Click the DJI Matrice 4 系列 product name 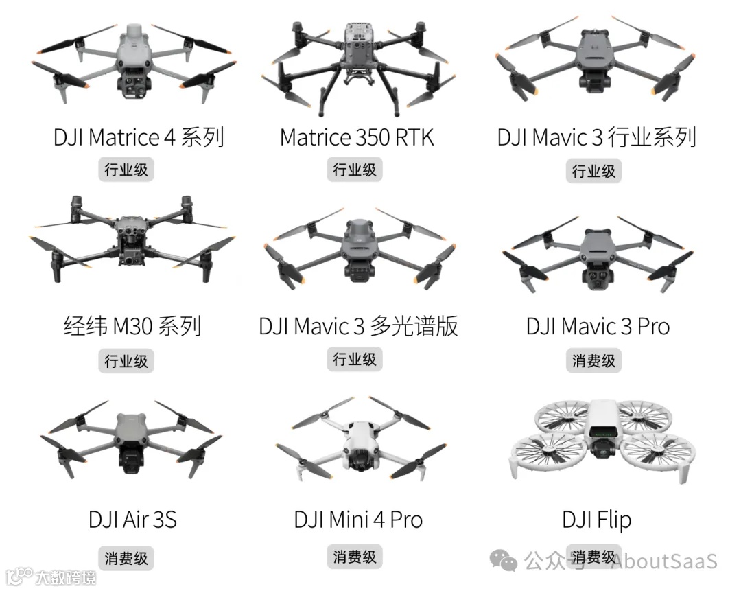coord(139,137)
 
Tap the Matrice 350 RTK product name coord(357,137)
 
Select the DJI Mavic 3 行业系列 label coord(596,137)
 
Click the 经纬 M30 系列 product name coord(132,326)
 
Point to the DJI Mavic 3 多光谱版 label coord(357,326)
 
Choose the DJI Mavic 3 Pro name coord(598,326)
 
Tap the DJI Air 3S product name coord(132,520)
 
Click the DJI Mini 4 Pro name coord(358,520)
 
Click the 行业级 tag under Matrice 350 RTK coord(355,170)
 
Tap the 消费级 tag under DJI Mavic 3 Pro coord(594,361)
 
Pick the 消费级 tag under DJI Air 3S coord(126,558)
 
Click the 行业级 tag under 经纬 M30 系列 coord(126,361)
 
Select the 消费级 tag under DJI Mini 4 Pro coord(355,557)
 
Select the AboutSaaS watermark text coord(663,561)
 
